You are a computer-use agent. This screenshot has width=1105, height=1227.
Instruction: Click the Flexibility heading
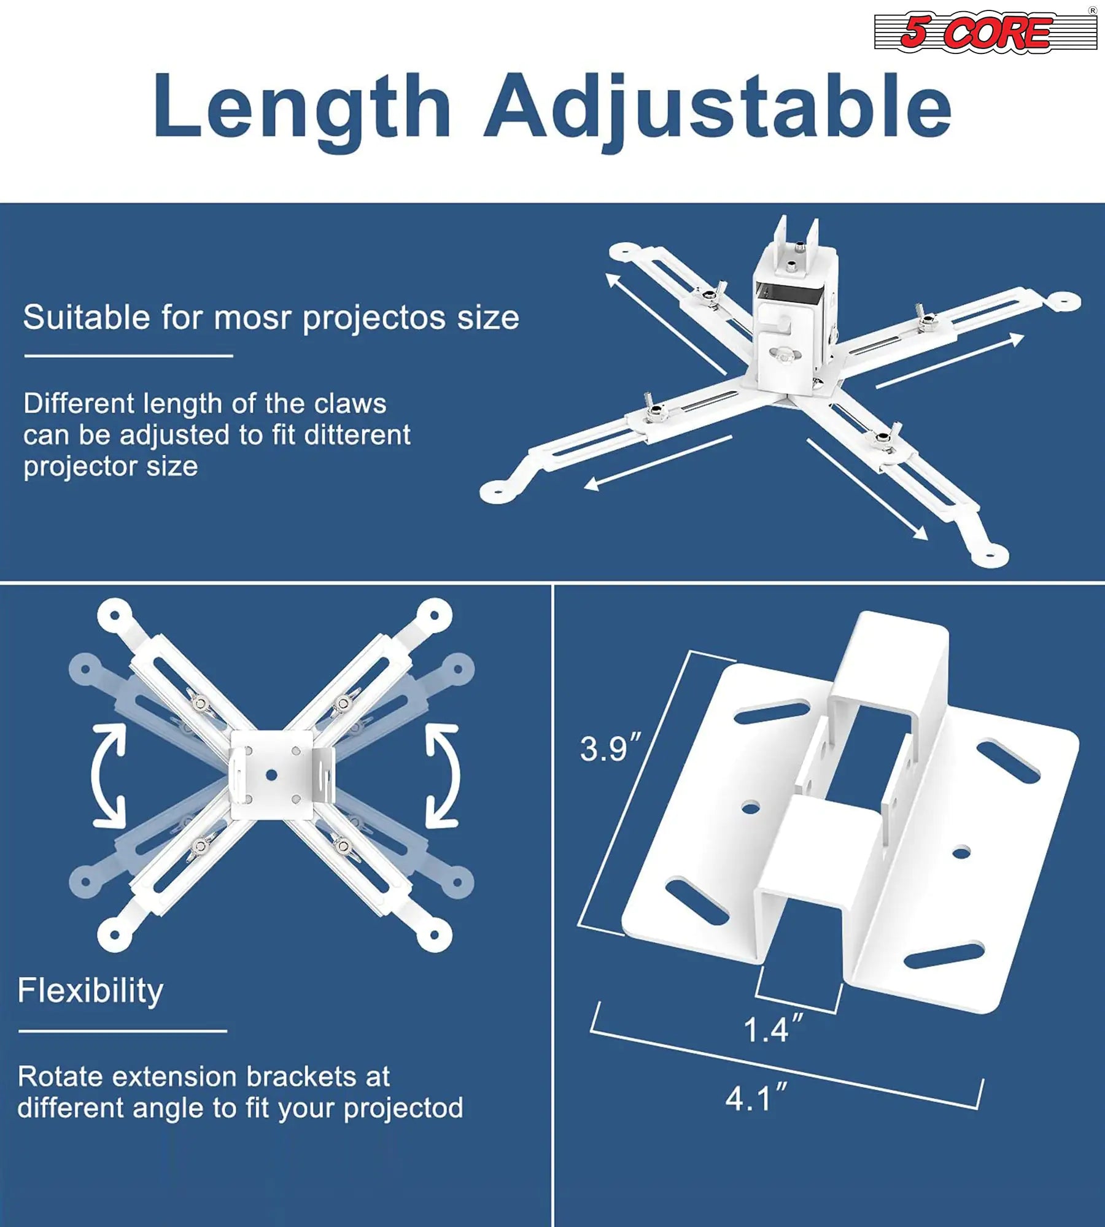tap(90, 991)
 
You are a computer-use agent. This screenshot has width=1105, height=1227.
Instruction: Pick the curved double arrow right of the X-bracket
tap(443, 775)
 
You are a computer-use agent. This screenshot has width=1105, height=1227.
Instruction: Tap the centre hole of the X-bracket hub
tap(271, 775)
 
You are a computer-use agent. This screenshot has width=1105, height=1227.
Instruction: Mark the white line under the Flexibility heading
tap(123, 1031)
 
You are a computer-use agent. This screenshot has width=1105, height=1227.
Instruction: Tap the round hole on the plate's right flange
tap(961, 852)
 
